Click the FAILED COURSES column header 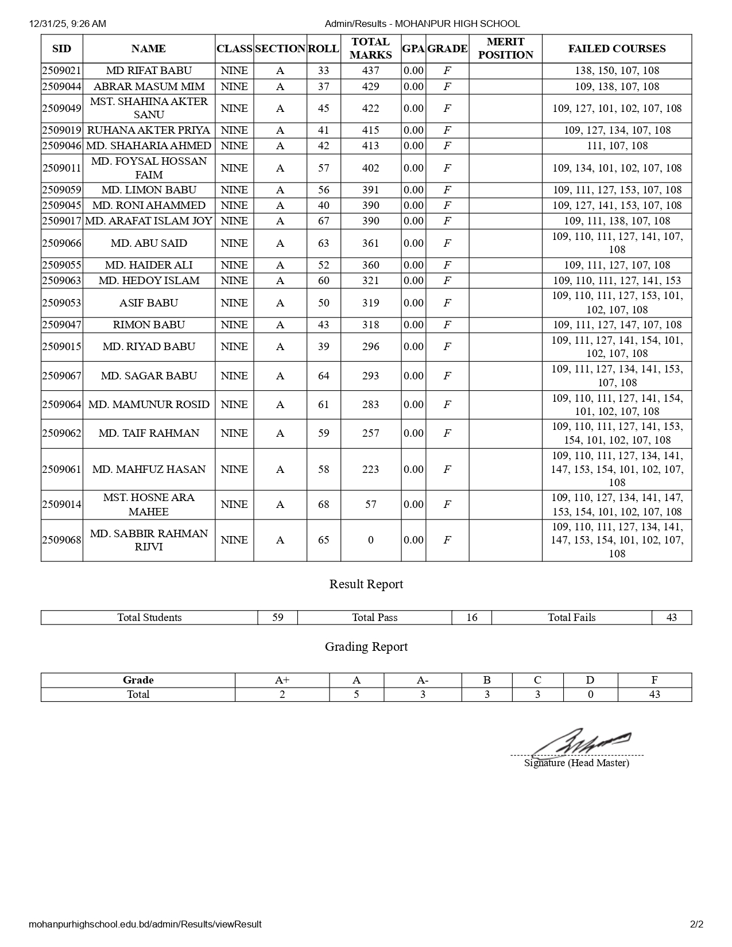tap(617, 49)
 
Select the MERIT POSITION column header tap(505, 49)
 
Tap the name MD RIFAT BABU tap(149, 71)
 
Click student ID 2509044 tap(62, 87)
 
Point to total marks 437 tap(370, 71)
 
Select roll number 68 tap(324, 504)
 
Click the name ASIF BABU tap(149, 303)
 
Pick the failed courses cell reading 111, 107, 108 tap(617, 146)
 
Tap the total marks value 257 tap(370, 433)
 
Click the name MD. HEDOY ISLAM tap(149, 281)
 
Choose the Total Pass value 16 tap(471, 618)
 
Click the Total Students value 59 tap(277, 618)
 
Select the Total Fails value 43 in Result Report tap(671, 618)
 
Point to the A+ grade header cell tap(282, 680)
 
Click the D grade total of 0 tap(590, 694)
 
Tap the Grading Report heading tap(366, 647)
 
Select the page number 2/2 tap(696, 924)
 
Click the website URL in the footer tap(145, 924)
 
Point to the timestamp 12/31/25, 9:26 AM tap(67, 24)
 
